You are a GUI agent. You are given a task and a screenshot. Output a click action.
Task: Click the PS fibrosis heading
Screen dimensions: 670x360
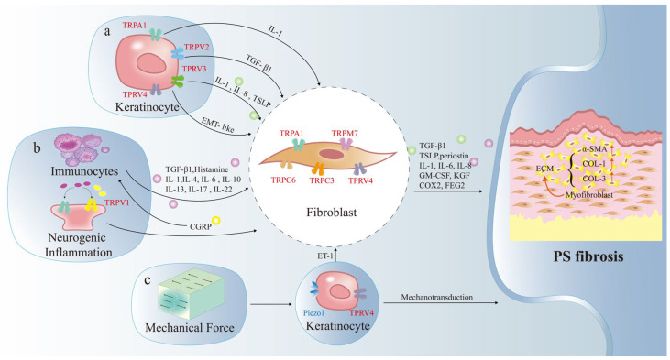588,256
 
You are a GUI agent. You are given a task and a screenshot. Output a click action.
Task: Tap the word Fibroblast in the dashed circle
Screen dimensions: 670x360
331,213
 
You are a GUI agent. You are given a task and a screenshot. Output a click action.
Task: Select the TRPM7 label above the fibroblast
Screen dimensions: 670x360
345,134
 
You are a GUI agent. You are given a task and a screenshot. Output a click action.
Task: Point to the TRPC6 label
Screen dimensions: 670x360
283,180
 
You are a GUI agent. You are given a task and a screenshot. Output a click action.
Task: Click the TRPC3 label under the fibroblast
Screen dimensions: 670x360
322,180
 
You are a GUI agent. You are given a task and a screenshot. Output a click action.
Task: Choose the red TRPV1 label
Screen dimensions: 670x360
116,202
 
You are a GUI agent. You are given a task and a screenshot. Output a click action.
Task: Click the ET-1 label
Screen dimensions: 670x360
325,256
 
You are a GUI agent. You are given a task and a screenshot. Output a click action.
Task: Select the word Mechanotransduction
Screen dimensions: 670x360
436,297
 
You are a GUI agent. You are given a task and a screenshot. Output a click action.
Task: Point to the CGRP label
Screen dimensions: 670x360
201,227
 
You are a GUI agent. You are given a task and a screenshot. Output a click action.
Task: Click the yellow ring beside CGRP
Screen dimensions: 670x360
215,221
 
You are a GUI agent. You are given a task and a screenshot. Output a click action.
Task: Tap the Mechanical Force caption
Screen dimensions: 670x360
190,328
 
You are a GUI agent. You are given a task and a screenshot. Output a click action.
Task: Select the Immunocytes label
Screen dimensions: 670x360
84,171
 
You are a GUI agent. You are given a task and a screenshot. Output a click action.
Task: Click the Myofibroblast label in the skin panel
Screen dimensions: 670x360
589,195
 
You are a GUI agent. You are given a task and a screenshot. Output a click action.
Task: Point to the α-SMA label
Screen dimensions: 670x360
594,149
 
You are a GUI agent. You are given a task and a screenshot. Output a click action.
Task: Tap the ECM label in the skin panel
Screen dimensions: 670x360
544,169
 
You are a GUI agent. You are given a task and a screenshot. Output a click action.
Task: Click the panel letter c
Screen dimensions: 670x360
148,280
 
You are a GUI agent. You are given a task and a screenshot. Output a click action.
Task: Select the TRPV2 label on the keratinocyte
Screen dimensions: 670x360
196,48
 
